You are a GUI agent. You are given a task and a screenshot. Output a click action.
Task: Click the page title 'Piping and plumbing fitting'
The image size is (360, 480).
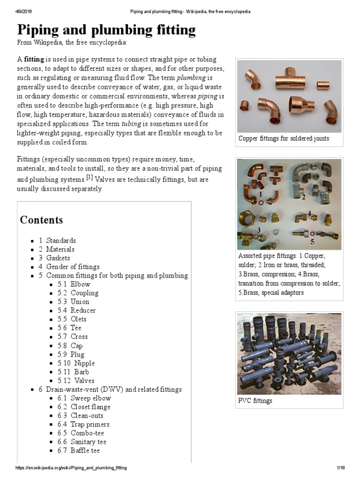(x=106, y=30)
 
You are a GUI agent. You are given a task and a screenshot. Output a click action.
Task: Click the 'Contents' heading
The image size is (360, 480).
(x=41, y=220)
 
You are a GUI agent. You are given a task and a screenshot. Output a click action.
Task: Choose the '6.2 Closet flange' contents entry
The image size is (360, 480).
(x=84, y=407)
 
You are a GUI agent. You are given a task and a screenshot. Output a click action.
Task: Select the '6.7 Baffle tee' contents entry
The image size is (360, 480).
(x=78, y=450)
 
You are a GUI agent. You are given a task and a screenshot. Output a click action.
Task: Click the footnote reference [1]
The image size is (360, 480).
(x=90, y=177)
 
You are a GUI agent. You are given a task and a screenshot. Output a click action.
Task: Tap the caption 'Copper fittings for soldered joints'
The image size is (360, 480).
(x=284, y=138)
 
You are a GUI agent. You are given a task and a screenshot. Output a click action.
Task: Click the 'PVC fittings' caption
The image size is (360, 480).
(x=255, y=401)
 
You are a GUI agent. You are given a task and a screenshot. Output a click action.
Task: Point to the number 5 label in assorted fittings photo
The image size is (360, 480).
(x=312, y=242)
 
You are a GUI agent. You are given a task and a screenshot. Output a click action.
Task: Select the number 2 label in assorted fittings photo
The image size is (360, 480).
(x=304, y=197)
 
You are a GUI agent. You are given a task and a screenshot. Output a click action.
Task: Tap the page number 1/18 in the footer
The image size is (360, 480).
(x=341, y=468)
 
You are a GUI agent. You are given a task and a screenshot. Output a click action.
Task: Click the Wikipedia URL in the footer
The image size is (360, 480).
(x=71, y=468)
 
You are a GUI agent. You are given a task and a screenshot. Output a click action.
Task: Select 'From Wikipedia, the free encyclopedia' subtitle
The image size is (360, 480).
(x=72, y=42)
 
